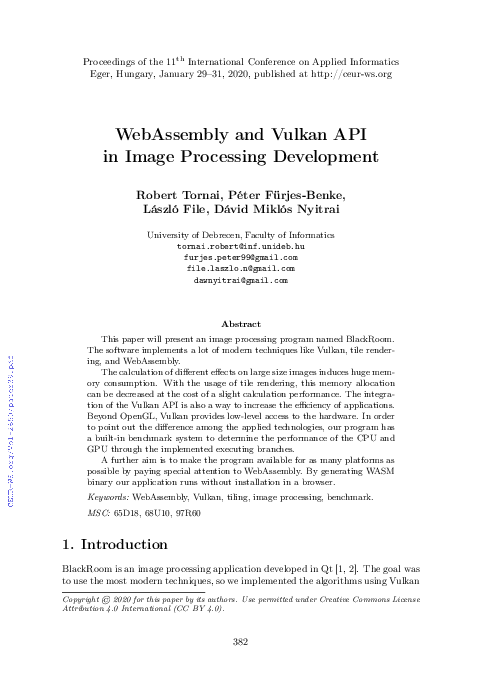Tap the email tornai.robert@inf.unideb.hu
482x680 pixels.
coord(240,245)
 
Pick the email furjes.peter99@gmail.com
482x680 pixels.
coord(240,257)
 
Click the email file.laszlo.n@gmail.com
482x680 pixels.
coord(240,269)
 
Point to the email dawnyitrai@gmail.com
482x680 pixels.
coord(240,281)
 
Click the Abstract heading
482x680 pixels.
coord(240,324)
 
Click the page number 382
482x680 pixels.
coord(240,642)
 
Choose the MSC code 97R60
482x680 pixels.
coord(187,512)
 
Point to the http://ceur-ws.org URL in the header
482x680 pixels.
coord(342,74)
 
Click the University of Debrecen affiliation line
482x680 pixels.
coord(240,233)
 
